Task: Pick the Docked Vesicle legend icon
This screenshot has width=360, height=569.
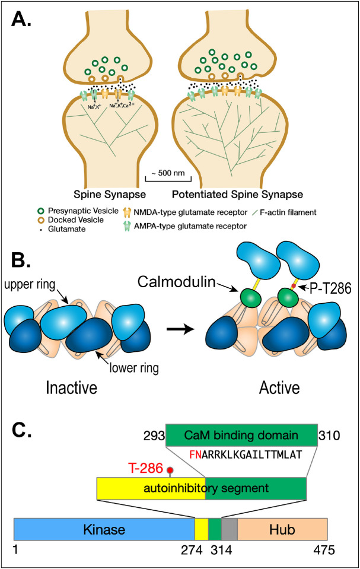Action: (24, 218)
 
